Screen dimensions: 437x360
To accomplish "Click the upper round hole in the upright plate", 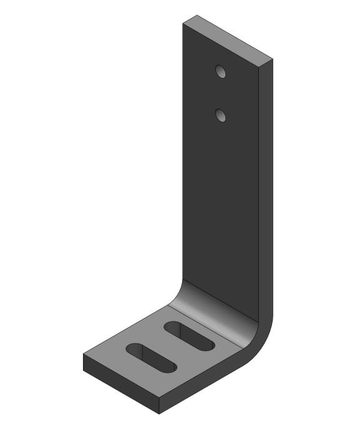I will tap(221, 71).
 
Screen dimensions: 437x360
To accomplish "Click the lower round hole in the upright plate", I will tap(221, 115).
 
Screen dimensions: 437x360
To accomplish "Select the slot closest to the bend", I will tap(189, 336).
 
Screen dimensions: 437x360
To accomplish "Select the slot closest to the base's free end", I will tap(151, 358).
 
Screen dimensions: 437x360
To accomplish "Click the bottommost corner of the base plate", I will tap(158, 413).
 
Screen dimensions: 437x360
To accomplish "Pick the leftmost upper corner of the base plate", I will tap(84, 354).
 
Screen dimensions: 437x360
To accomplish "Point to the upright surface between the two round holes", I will tap(221, 93).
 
